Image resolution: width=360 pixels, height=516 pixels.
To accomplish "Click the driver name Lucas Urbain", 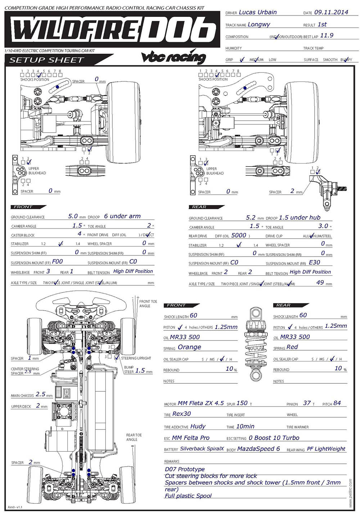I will click(x=257, y=12).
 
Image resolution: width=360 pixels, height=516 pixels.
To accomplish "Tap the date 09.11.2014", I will click(x=331, y=12).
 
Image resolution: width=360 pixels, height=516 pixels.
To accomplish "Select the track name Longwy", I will click(x=258, y=25).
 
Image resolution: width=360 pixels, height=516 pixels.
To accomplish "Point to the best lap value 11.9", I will click(x=327, y=35).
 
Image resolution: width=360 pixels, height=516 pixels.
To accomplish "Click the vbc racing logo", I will click(x=174, y=57).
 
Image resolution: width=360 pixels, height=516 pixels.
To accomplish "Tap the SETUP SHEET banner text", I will click(x=46, y=60).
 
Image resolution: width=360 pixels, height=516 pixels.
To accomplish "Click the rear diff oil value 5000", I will click(x=238, y=235).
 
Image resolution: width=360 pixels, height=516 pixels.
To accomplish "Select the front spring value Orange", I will click(x=189, y=347).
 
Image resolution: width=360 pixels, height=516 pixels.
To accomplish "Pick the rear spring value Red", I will click(x=292, y=347).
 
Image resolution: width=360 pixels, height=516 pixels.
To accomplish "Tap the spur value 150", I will click(x=242, y=403).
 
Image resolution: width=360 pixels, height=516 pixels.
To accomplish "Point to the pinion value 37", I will click(x=307, y=403).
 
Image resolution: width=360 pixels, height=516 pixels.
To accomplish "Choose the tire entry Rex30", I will click(x=181, y=414).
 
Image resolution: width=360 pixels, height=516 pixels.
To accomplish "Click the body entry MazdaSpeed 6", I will click(x=258, y=449).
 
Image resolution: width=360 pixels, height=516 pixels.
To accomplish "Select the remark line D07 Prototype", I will click(x=185, y=469).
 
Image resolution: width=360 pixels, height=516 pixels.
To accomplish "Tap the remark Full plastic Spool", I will click(x=188, y=496).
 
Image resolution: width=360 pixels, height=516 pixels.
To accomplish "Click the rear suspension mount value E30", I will click(x=314, y=263).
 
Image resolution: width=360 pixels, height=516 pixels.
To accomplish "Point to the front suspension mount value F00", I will click(x=57, y=262).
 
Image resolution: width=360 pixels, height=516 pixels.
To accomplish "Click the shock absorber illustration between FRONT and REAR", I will click(x=256, y=344).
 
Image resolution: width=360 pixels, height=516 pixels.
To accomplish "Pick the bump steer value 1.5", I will click(x=140, y=370).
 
